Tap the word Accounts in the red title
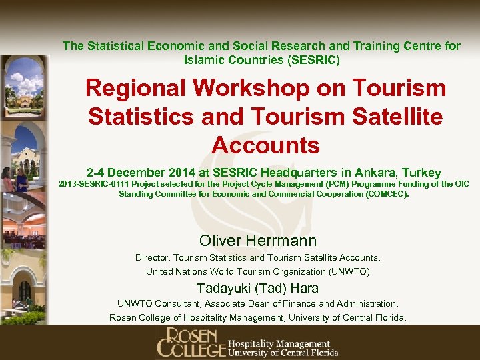click(x=266, y=145)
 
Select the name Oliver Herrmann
click(x=258, y=241)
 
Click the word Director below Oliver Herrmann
click(x=153, y=257)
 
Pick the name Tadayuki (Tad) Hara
click(x=257, y=289)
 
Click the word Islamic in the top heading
click(x=203, y=60)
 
